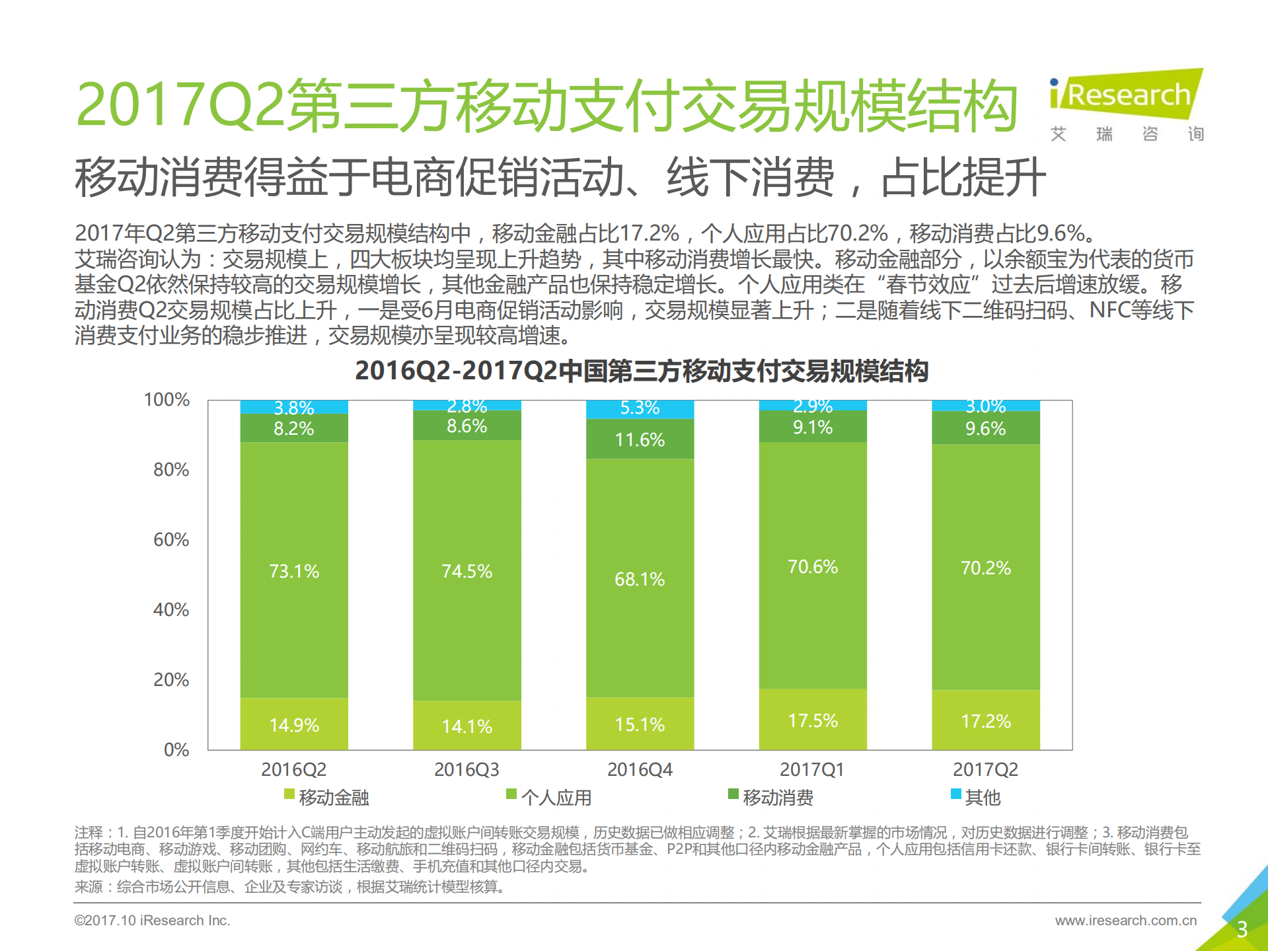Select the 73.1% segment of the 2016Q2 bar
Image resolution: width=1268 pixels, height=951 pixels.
294,570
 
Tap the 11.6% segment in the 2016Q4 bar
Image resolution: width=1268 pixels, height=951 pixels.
640,439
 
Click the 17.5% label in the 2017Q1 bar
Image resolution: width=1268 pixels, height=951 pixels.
813,720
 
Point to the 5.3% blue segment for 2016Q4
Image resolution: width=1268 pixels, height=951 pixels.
640,408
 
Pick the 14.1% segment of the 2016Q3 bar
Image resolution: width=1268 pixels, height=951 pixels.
466,726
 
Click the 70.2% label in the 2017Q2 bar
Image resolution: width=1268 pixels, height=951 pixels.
985,568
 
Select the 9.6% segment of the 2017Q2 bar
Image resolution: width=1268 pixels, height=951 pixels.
985,428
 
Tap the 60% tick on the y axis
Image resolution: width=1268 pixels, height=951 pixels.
171,540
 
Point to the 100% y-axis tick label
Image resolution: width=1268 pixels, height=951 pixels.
167,400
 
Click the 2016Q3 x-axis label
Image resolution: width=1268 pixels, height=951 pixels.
466,769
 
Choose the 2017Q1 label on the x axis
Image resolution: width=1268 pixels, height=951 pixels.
812,769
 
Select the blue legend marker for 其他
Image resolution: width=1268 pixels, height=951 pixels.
955,794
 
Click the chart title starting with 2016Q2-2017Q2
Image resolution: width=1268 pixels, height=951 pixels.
642,371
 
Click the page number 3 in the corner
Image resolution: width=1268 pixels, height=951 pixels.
1242,929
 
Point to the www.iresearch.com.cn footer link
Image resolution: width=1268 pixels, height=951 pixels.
1125,920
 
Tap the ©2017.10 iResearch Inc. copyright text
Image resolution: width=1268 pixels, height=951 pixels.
152,920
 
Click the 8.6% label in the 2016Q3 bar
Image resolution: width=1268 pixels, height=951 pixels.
466,426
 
